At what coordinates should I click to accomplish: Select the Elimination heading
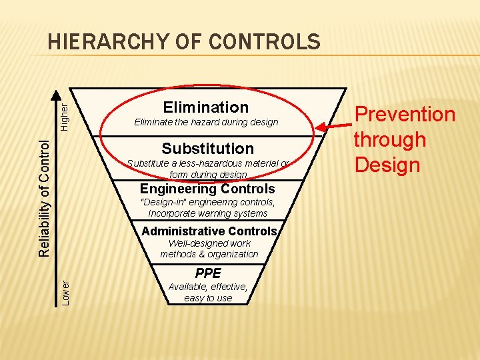[x=205, y=107]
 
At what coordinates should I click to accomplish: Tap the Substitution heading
[x=207, y=148]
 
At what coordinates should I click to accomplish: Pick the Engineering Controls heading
[x=207, y=189]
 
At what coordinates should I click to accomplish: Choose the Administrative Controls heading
[x=209, y=231]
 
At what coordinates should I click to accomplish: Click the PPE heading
[x=208, y=273]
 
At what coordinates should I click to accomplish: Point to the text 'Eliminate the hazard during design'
[x=206, y=123]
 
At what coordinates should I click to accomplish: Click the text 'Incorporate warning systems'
[x=207, y=213]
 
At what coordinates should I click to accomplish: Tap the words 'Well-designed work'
[x=209, y=243]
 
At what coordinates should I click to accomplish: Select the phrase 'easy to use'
[x=208, y=298]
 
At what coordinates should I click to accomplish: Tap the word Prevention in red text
[x=404, y=115]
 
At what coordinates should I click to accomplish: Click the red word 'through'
[x=389, y=140]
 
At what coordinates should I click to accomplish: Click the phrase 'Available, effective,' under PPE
[x=208, y=287]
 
